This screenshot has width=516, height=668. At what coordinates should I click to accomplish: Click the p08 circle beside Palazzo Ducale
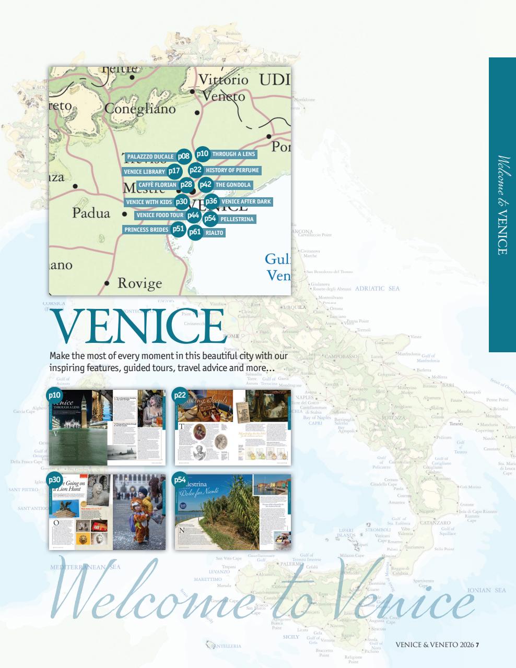[x=183, y=156]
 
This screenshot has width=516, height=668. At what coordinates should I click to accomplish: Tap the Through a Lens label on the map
[x=233, y=154]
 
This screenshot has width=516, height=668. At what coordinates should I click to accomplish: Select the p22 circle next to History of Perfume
[x=195, y=170]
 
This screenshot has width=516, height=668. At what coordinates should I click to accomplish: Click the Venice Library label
[x=144, y=172]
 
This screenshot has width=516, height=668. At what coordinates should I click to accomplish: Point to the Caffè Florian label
[x=157, y=185]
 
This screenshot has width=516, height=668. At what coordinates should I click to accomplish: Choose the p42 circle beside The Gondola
[x=205, y=184]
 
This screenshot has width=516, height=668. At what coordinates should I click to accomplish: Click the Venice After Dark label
[x=246, y=201]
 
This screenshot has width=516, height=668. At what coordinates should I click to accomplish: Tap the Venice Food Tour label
[x=160, y=215]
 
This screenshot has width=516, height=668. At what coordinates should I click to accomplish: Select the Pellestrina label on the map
[x=237, y=219]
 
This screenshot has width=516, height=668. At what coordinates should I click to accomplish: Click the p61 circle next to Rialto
[x=195, y=232]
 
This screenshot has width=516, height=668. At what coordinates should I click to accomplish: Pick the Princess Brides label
[x=146, y=230]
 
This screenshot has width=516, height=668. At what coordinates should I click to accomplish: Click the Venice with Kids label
[x=149, y=202]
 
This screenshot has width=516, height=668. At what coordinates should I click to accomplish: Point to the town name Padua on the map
[x=91, y=213]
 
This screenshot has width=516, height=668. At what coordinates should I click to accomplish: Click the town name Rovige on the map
[x=139, y=283]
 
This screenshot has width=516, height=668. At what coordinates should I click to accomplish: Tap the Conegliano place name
[x=140, y=109]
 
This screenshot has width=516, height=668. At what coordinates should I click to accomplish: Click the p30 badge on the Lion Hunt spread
[x=55, y=480]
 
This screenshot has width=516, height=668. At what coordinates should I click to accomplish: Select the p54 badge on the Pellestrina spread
[x=180, y=480]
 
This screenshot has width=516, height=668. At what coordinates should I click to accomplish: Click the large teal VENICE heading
[x=138, y=327]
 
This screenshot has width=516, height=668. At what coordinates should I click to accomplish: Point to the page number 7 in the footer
[x=477, y=645]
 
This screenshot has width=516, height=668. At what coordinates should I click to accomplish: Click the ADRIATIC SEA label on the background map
[x=377, y=288]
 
